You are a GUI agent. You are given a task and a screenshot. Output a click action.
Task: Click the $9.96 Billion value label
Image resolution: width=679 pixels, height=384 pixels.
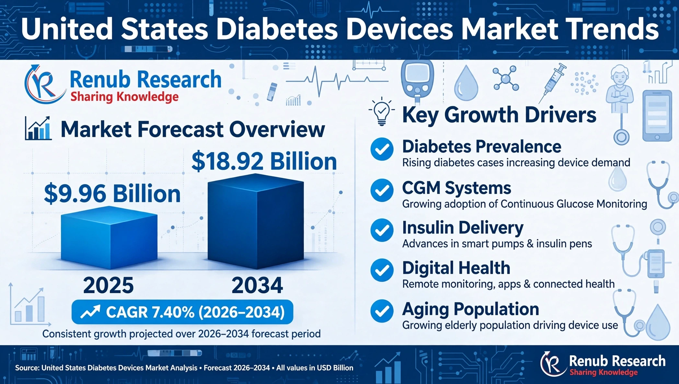click(112, 194)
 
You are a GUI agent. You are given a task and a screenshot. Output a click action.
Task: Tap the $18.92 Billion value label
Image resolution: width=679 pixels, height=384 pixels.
click(264, 161)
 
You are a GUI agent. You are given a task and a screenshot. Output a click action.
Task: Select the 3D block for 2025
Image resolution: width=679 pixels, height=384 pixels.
click(109, 238)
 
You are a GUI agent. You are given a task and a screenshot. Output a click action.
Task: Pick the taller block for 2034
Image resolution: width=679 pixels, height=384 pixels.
click(256, 222)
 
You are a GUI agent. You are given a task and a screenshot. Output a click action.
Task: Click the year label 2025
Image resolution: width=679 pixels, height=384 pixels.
click(109, 285)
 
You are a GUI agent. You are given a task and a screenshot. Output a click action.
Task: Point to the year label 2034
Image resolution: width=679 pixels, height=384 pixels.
click(257, 285)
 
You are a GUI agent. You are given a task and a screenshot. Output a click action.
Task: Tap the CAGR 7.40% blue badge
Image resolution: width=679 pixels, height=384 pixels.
click(182, 312)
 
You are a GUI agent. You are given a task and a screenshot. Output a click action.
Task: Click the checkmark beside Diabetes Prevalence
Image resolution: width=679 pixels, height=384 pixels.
click(382, 149)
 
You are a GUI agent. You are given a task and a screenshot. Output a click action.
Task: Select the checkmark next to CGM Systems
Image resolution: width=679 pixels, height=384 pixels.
click(382, 190)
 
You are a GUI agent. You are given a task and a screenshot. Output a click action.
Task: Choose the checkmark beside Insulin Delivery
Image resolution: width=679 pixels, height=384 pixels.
click(382, 230)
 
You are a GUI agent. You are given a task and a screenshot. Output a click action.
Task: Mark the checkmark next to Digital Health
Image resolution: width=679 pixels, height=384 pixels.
click(382, 270)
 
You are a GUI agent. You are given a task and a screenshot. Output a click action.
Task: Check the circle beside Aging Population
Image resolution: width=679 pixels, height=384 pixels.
click(382, 311)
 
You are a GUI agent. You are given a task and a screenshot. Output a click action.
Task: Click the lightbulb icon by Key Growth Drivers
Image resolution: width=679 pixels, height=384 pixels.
click(382, 111)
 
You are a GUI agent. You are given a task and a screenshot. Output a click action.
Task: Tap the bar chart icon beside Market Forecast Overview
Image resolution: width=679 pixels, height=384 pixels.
click(38, 128)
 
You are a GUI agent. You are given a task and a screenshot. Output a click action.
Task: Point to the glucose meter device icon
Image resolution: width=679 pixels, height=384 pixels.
click(417, 81)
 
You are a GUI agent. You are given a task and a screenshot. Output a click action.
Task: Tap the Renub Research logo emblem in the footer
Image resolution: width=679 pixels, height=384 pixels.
click(553, 364)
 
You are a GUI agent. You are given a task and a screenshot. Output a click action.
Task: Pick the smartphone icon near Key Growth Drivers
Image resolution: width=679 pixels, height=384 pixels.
click(657, 116)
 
